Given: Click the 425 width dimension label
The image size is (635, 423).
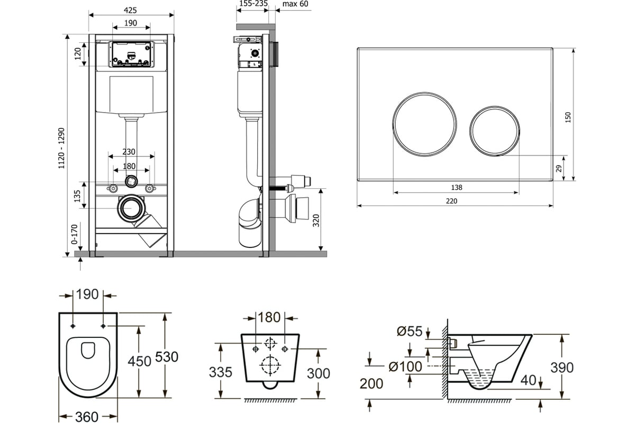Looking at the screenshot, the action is point(130,10).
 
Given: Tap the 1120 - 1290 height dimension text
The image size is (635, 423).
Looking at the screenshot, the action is point(61,148).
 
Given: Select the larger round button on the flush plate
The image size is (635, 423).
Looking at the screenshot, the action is point(424,124).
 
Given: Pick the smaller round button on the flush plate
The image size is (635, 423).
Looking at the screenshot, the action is point(494,131).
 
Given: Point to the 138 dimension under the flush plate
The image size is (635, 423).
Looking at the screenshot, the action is point(456,187).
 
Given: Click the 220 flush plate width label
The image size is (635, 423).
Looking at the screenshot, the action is point(451,201).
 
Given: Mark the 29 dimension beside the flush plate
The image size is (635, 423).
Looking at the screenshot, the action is point(558,169).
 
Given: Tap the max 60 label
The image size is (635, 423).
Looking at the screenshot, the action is point(295,4).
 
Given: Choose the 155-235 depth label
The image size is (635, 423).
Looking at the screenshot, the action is point(253,3).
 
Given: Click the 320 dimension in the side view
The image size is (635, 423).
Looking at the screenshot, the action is point(316,220).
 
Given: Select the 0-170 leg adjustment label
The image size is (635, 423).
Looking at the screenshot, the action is point(74,234).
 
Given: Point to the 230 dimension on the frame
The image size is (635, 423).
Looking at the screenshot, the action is point(129,152).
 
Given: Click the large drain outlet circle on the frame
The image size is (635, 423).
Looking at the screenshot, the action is point(132,208).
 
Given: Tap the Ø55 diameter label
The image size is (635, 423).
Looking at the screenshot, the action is point(410,331).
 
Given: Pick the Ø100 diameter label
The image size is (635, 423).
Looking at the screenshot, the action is point(405,366).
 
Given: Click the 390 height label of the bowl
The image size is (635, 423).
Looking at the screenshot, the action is point(562,367).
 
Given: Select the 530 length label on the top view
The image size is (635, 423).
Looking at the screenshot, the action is point(167,357).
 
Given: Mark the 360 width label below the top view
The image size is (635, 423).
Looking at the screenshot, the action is point(87,417).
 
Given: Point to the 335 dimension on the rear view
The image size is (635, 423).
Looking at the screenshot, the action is point(221,372).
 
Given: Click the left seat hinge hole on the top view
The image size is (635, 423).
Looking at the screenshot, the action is point(73,326).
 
